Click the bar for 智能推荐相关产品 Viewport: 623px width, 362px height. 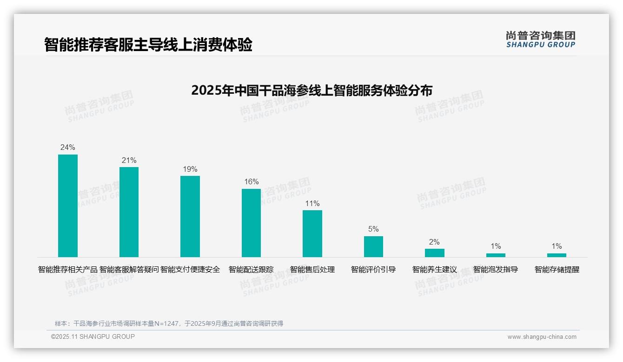click(68, 206)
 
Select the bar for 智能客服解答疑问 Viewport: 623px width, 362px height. click(129, 212)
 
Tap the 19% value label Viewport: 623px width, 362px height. click(190, 169)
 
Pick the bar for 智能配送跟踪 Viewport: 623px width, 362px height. click(251, 223)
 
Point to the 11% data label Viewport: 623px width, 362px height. click(312, 203)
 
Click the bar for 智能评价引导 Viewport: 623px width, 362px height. click(373, 246)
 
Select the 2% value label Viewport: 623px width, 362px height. click(434, 242)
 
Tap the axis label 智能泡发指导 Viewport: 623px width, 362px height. click(496, 269)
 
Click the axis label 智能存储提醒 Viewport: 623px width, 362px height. click(557, 269)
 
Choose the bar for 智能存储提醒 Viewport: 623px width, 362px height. click(557, 255)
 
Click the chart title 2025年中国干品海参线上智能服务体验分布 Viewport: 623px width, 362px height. click(311, 90)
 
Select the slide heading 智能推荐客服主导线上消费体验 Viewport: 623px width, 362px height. click(148, 45)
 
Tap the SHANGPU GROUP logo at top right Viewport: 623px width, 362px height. click(541, 39)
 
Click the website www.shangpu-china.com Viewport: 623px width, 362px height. click(542, 337)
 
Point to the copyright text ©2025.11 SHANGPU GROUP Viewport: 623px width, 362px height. click(93, 336)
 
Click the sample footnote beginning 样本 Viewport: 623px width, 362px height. click(169, 323)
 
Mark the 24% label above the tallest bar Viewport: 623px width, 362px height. click(68, 147)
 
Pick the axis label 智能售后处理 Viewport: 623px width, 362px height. click(312, 269)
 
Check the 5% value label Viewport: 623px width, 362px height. click(373, 229)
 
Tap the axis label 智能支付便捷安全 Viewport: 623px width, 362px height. click(190, 269)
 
